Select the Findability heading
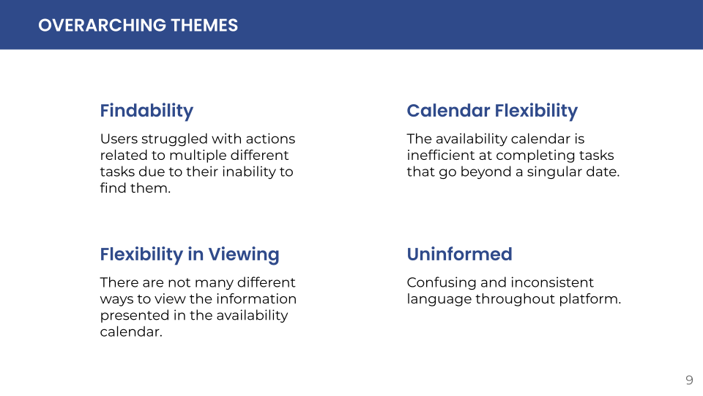146,111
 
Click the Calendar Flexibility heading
492,111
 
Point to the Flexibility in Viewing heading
190,254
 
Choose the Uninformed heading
460,254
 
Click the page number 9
690,381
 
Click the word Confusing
441,283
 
